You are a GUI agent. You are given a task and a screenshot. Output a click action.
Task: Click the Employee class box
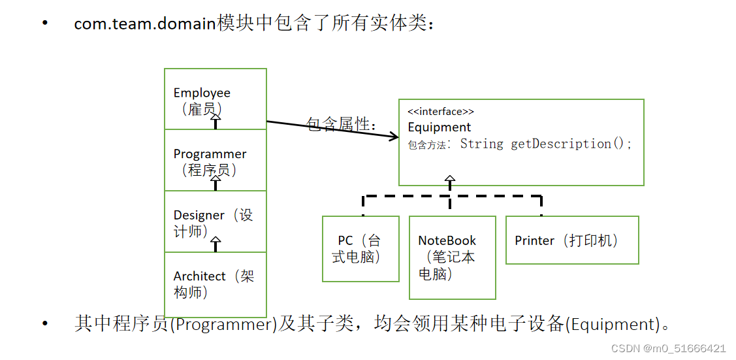(x=215, y=98)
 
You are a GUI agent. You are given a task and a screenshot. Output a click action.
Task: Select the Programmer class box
(x=215, y=160)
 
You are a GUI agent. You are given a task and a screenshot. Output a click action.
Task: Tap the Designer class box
(x=215, y=221)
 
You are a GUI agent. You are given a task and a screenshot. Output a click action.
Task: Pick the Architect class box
(x=215, y=284)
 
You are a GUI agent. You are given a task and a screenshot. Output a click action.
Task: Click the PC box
(x=360, y=248)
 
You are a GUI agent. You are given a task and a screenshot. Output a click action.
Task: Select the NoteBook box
(x=452, y=257)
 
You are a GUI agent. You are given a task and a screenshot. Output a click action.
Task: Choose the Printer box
(x=572, y=240)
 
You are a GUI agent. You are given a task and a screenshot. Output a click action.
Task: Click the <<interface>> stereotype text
(x=441, y=112)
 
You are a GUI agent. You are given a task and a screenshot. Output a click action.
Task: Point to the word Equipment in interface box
(x=440, y=127)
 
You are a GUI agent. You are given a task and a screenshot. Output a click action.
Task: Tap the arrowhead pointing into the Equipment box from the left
(x=392, y=137)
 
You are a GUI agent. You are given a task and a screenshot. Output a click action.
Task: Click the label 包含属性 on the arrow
(x=341, y=124)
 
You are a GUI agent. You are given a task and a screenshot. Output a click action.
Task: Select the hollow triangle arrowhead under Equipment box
(x=450, y=178)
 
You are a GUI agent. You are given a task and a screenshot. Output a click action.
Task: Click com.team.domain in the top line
(x=145, y=24)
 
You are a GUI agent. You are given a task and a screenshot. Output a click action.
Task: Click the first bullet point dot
(x=45, y=24)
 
